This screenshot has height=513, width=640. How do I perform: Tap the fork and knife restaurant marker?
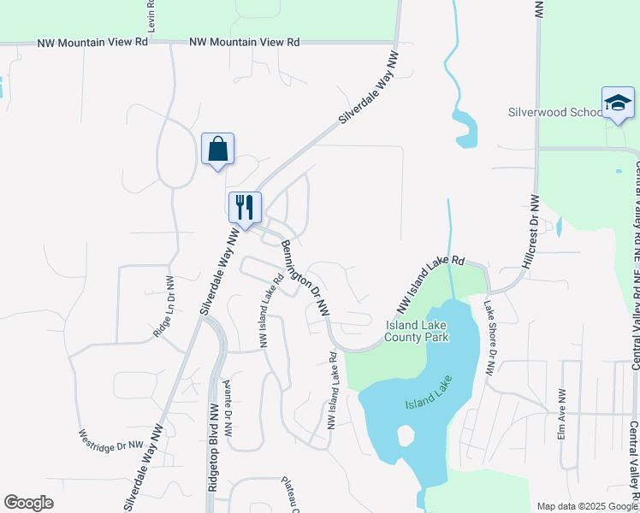pos(245,206)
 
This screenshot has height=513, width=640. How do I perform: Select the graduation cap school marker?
pos(618,103)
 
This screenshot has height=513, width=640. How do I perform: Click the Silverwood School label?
pos(555,112)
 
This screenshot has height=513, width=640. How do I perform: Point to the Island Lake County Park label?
pos(417,331)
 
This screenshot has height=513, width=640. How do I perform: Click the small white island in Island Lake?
pos(406,435)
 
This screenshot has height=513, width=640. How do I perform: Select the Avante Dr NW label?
pos(228,407)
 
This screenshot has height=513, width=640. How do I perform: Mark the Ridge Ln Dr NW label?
pos(163,307)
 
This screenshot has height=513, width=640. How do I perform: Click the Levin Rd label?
pos(151,18)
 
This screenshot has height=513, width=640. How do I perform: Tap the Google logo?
pos(28,503)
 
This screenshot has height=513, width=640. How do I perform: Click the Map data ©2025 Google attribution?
pos(587,506)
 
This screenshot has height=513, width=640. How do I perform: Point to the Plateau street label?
pos(290,493)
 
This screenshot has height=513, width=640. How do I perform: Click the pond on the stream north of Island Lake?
pos(466,127)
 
